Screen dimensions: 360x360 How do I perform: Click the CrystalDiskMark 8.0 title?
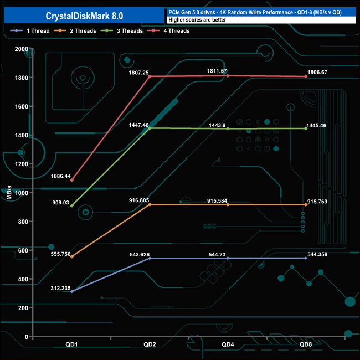[x=84, y=16]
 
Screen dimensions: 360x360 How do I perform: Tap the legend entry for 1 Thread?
[x=30, y=30]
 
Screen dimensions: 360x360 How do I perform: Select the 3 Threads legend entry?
[x=121, y=30]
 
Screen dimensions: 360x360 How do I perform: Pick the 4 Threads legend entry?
[x=168, y=30]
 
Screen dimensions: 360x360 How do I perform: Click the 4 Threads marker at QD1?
[x=72, y=180]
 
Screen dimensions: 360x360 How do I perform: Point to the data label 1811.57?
[x=217, y=71]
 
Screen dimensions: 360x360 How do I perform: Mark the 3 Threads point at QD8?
[x=306, y=128]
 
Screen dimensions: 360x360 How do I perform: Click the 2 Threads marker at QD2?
[x=150, y=204]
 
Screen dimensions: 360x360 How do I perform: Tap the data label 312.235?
[x=60, y=288]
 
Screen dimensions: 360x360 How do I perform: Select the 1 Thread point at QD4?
[x=228, y=258]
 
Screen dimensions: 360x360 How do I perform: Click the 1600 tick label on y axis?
[x=22, y=106]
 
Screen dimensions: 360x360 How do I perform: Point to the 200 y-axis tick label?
[x=23, y=308]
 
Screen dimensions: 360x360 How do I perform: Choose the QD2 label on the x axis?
[x=150, y=344]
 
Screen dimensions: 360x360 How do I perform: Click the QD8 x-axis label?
[x=306, y=344]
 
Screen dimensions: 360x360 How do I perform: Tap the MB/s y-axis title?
[x=9, y=192]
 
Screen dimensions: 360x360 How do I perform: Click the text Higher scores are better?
[x=197, y=20]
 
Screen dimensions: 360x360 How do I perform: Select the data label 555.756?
[x=60, y=254]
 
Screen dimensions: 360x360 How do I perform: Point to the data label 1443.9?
[x=217, y=125]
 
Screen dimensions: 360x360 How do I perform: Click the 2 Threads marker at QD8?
[x=306, y=204]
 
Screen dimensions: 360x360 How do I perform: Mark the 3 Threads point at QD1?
[x=72, y=205]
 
